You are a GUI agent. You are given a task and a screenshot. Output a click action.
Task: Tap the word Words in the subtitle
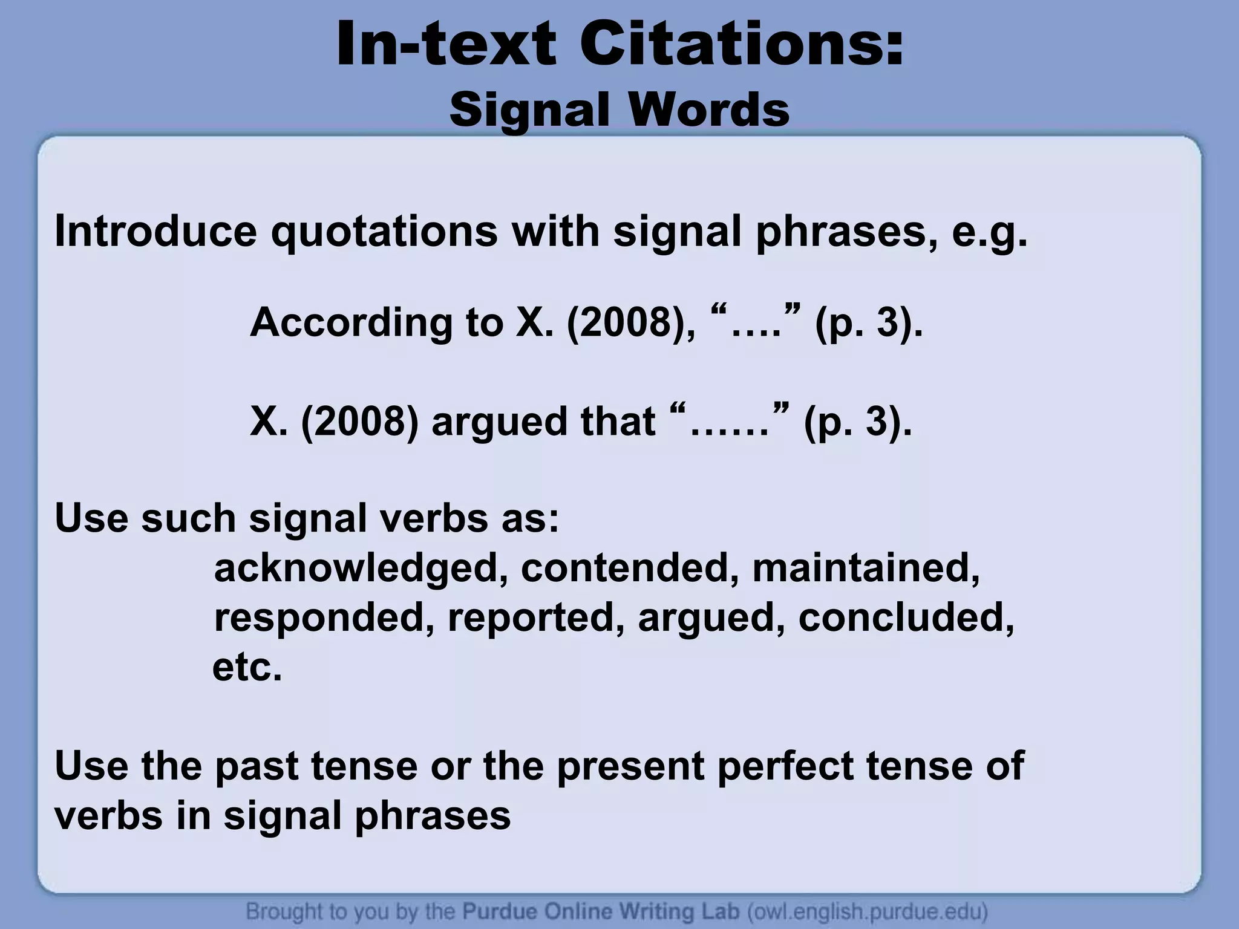708,110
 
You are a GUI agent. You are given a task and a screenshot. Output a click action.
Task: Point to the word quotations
384,232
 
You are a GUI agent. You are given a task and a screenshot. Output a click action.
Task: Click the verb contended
630,568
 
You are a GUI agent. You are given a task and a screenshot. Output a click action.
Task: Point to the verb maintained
866,568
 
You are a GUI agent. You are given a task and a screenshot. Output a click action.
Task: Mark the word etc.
247,668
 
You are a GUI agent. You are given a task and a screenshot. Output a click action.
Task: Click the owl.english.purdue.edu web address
867,911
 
